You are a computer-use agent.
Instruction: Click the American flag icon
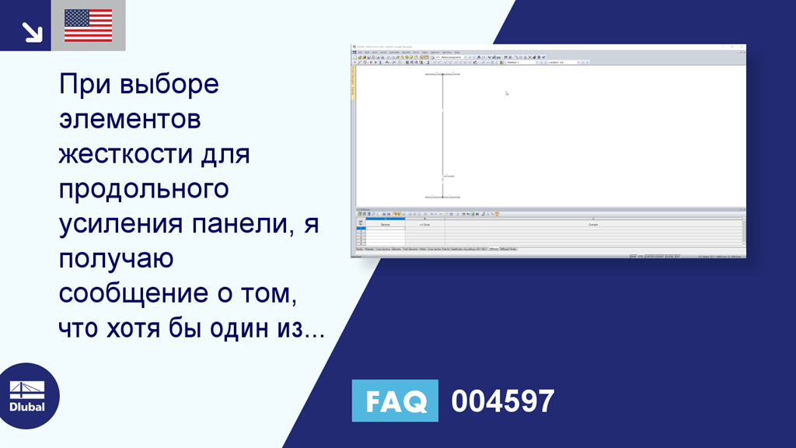pyautogui.click(x=89, y=25)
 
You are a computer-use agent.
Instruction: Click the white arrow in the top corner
pyautogui.click(x=31, y=30)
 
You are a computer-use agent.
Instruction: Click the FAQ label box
pyautogui.click(x=395, y=401)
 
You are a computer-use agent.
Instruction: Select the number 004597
pyautogui.click(x=503, y=401)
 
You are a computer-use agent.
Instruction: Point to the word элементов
pyautogui.click(x=130, y=119)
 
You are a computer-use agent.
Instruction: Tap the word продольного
pyautogui.click(x=144, y=189)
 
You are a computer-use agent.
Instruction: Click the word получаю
pyautogui.click(x=116, y=259)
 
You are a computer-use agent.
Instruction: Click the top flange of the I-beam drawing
pyautogui.click(x=442, y=75)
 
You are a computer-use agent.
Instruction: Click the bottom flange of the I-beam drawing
pyautogui.click(x=442, y=197)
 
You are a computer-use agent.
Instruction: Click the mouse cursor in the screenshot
pyautogui.click(x=506, y=93)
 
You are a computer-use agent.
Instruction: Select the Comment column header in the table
pyautogui.click(x=593, y=225)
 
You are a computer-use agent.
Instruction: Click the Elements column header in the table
pyautogui.click(x=385, y=225)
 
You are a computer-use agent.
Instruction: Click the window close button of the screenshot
pyautogui.click(x=742, y=47)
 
